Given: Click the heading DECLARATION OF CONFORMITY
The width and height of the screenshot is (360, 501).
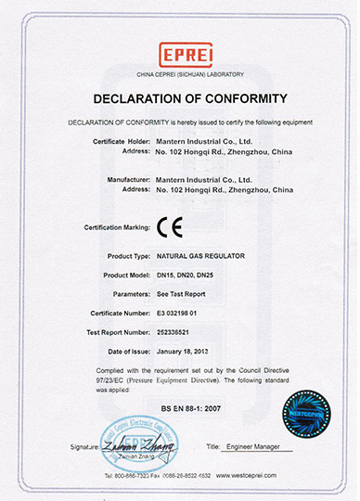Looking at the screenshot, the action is coord(180,98).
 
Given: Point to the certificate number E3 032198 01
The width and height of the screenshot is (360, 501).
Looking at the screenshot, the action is coord(186,313).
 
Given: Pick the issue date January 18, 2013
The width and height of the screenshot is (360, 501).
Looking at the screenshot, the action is coord(188,352).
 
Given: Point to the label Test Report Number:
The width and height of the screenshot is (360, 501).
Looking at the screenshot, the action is coord(113,332).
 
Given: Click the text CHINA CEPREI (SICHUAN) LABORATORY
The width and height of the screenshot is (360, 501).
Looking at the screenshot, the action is coord(179,71).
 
